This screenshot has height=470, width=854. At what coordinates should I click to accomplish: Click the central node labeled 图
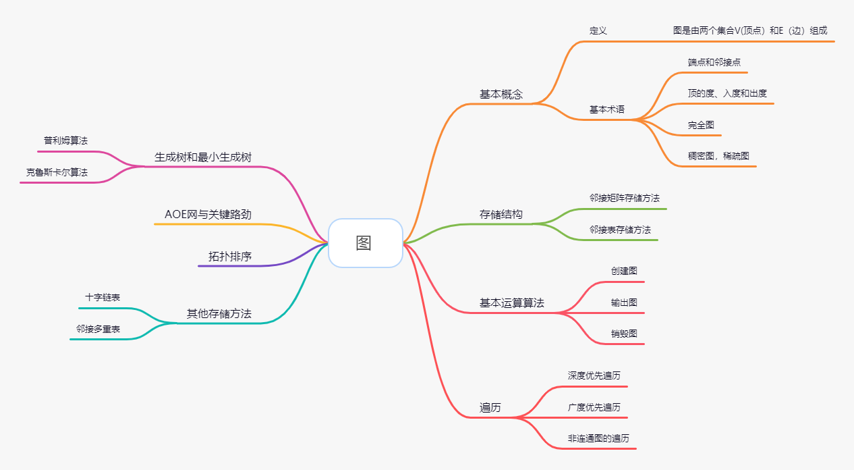pos(364,243)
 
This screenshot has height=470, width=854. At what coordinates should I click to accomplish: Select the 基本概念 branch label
pos(501,95)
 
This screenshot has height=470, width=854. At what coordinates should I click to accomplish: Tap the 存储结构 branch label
pos(501,215)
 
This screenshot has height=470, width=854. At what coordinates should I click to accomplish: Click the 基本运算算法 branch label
pos(511,303)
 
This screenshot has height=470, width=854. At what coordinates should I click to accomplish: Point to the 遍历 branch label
pos(490,408)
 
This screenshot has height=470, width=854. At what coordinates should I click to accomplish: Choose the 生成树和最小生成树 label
pos(203,157)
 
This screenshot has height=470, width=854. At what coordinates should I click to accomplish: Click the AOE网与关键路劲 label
pos(208,215)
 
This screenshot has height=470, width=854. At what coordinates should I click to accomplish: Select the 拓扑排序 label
pos(229,257)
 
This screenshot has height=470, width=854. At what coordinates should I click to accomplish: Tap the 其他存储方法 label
pos(219,314)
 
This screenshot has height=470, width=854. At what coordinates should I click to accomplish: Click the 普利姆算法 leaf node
pos(65,140)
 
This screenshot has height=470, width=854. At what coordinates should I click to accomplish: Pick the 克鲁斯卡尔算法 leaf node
pos(57,172)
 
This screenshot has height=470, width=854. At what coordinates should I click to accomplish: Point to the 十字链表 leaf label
pos(103,297)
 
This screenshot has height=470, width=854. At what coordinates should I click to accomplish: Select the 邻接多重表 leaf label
pos(98,329)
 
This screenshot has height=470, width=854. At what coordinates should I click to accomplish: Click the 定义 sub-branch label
pos(598,31)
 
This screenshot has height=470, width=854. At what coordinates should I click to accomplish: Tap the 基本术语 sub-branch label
pos(606,109)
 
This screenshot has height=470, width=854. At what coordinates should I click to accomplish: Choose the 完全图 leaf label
pos(700,125)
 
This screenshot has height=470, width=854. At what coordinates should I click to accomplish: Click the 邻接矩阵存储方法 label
pos(624,198)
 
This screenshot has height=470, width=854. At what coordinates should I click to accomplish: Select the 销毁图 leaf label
pos(624,334)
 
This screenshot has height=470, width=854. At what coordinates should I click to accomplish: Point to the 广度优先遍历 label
pos(594,407)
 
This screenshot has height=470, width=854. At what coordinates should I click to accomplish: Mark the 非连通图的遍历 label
pos(598,438)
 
